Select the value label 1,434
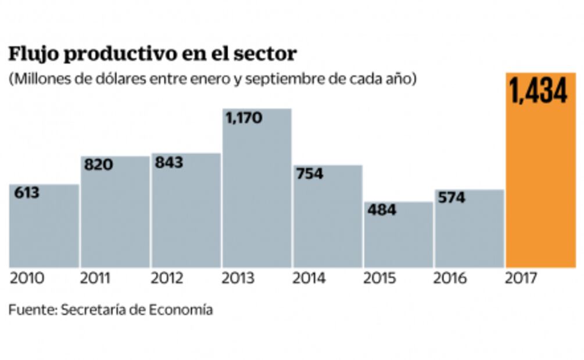pyautogui.click(x=539, y=91)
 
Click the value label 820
pyautogui.click(x=98, y=165)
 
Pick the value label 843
pyautogui.click(x=169, y=163)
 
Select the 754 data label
pyautogui.click(x=310, y=174)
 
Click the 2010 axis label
pyautogui.click(x=27, y=279)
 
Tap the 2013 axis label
pyautogui.click(x=239, y=279)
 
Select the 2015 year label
pyautogui.click(x=381, y=279)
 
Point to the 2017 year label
pyautogui.click(x=522, y=279)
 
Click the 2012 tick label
pyautogui.click(x=168, y=279)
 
